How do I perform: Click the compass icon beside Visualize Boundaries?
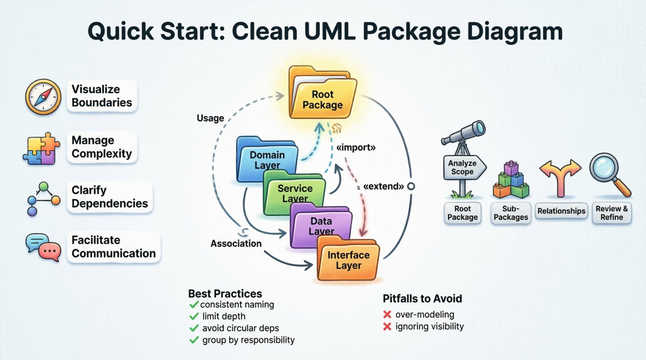click(43, 97)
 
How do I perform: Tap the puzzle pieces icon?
click(41, 149)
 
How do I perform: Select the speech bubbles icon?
click(43, 247)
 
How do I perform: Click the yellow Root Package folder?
click(322, 97)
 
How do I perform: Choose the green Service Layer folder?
click(294, 193)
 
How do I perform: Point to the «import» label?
click(356, 147)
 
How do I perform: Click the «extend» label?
click(384, 186)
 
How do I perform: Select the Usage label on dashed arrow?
click(210, 118)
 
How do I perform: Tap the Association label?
click(236, 244)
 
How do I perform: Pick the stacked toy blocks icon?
click(511, 180)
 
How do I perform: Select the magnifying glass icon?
click(610, 175)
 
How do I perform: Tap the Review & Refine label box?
click(611, 213)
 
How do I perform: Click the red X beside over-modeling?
click(387, 315)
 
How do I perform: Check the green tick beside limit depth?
click(194, 317)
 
